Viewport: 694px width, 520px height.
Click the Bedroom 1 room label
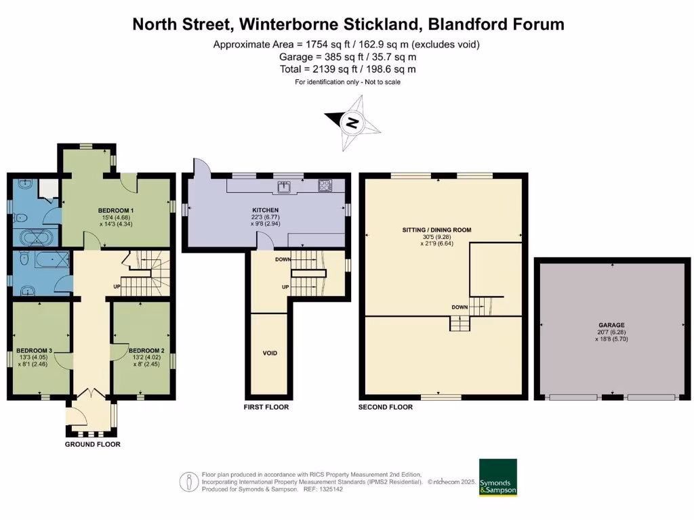(115, 211)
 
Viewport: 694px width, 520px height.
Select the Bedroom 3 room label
(35, 351)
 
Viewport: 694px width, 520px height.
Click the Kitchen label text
(266, 211)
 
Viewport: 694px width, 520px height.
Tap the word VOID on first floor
(270, 353)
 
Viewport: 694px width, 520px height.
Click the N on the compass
(352, 123)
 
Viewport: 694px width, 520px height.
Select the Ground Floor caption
(93, 444)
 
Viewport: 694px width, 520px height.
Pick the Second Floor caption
(386, 407)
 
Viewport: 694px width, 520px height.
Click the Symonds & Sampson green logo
(497, 477)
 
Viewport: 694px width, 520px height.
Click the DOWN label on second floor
(460, 307)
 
